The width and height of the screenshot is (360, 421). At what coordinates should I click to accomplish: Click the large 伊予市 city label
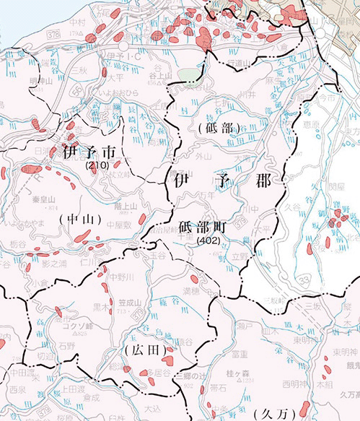tap(89, 153)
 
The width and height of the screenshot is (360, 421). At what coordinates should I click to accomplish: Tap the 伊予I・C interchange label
tap(121, 55)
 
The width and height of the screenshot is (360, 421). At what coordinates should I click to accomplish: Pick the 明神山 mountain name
tap(44, 80)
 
